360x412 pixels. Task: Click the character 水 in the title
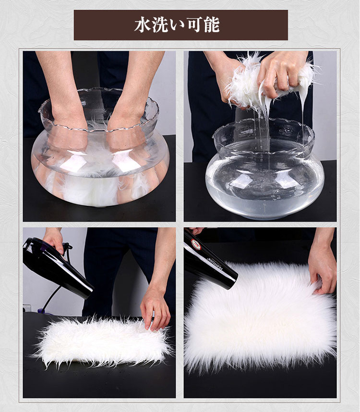click(x=143, y=25)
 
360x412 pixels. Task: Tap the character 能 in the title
click(x=212, y=25)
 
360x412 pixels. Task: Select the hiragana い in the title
click(x=177, y=25)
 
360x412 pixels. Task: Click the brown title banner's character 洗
click(x=160, y=25)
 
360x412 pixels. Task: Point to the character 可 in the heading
click(x=194, y=25)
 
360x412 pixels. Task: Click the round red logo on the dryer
click(x=196, y=244)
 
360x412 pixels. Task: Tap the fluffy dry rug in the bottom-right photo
click(x=260, y=315)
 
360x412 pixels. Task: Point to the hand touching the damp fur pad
click(x=155, y=310)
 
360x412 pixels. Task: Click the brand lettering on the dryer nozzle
click(x=216, y=264)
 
